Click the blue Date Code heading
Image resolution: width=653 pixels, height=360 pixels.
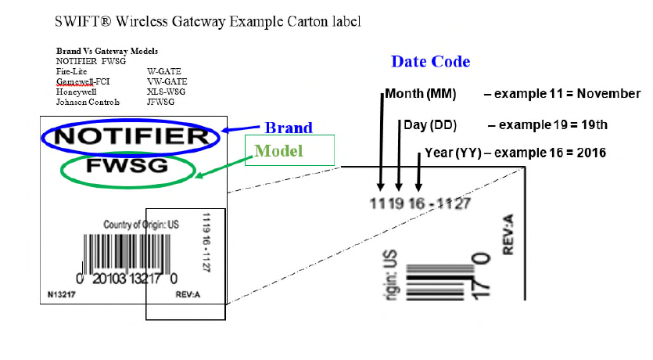coord(430,62)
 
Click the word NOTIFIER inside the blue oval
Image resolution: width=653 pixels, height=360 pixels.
coord(131,137)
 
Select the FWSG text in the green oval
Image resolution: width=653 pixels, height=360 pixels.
coord(127,167)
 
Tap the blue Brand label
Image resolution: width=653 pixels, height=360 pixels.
coord(288,128)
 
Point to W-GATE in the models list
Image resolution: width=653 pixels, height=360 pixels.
coord(163,71)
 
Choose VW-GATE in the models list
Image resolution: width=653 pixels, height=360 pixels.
coord(167,81)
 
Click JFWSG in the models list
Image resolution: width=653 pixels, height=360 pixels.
coord(162,102)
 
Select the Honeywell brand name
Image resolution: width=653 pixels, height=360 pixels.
coord(77,92)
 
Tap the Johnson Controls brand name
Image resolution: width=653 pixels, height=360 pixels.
coord(88,102)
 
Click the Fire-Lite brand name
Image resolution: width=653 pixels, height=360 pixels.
coord(72,71)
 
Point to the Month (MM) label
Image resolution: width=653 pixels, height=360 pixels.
coord(421,94)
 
